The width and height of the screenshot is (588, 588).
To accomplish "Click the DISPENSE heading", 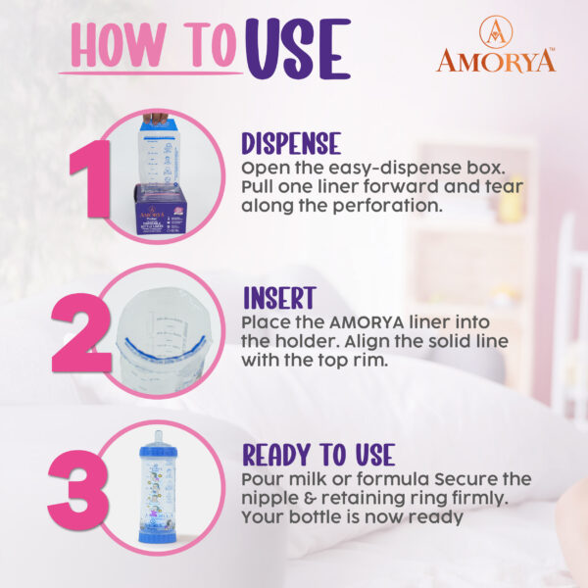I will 291,143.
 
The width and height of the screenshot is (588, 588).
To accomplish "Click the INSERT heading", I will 277,298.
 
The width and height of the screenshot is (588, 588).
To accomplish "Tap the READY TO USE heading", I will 318,455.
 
